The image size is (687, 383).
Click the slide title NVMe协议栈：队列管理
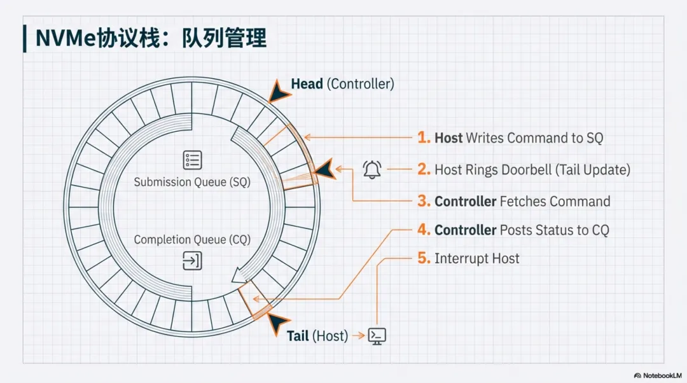(151, 38)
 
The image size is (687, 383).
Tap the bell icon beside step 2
(372, 169)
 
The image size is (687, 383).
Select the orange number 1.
(424, 137)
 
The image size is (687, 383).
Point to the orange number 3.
(424, 201)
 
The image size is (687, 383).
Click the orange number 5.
(424, 258)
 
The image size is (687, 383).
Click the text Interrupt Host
(476, 258)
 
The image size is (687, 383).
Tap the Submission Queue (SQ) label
(192, 182)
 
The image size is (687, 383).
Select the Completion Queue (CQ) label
(192, 240)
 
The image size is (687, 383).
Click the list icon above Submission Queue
(192, 160)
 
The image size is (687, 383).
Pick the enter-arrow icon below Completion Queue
(192, 261)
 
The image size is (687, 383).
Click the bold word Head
(307, 83)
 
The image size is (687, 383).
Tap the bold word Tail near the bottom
(298, 336)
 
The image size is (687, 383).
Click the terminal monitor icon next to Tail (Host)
(377, 336)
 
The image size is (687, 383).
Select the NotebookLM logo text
(657, 375)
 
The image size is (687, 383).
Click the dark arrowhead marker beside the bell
(324, 170)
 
